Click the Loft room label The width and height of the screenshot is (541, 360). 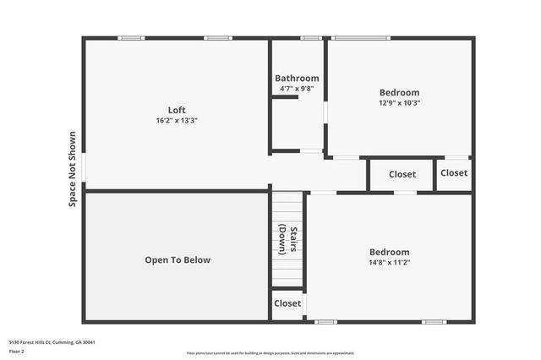coord(177,110)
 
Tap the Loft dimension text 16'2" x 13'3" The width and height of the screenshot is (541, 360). coord(177,121)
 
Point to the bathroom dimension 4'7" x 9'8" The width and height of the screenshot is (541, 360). coord(297,89)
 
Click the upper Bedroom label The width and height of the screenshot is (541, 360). coord(399,92)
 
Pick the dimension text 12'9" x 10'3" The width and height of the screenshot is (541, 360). coord(399,103)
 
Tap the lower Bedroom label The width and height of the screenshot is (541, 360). coord(389,252)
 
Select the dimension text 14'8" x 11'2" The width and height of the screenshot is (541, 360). coord(390,263)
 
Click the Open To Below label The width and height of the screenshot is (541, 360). coord(177,260)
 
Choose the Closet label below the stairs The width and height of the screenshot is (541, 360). coord(287,303)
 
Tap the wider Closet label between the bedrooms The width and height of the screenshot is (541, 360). coord(402,175)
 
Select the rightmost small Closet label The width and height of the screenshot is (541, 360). coord(454,173)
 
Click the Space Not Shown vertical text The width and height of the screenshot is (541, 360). coord(73,169)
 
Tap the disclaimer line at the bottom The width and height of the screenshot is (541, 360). coord(270,353)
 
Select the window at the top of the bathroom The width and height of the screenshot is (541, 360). coord(311,38)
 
